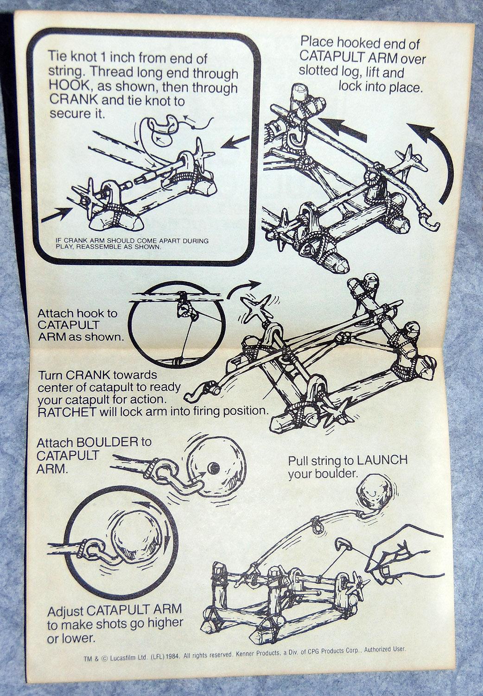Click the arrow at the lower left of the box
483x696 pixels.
click(x=55, y=216)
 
